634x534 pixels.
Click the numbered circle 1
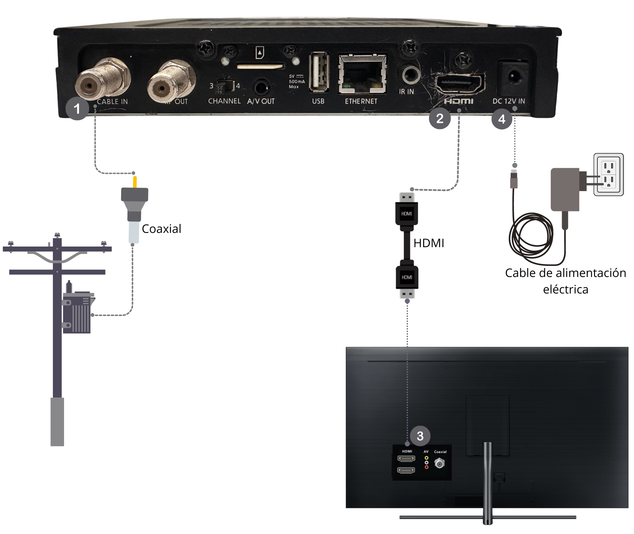pos(77,109)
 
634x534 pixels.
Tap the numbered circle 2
pos(440,119)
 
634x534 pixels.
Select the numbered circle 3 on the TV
pos(420,436)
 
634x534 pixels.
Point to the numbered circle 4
pos(501,119)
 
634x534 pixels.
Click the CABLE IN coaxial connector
pos(90,86)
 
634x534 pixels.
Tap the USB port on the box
pos(319,73)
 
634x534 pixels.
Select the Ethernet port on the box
pos(362,74)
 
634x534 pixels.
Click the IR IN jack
pos(411,75)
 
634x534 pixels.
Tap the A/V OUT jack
pos(261,87)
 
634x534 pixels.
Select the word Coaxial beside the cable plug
pos(161,229)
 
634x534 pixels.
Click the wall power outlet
pos(608,175)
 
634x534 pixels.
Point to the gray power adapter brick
pos(565,189)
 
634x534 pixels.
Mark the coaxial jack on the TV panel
pos(439,464)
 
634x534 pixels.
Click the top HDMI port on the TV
pos(406,458)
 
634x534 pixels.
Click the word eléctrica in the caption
pos(566,289)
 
